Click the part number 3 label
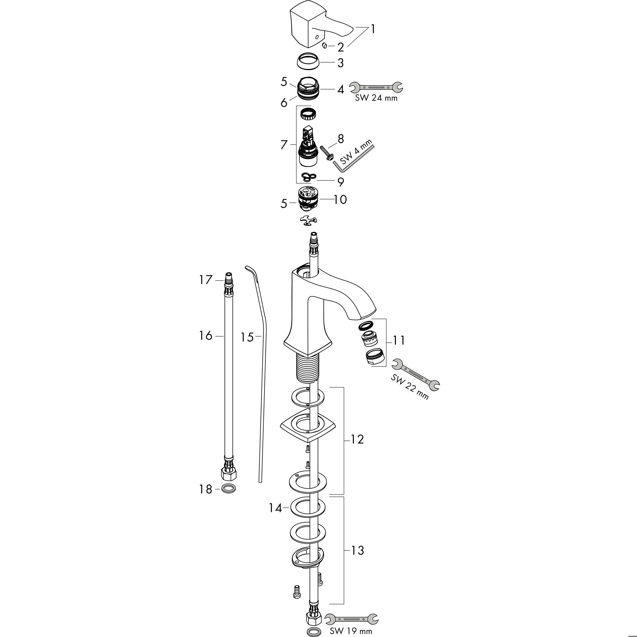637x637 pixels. (340, 63)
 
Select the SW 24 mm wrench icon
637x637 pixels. (376, 87)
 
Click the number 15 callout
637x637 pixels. (247, 337)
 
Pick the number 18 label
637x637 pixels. (205, 489)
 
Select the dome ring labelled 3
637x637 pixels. (309, 61)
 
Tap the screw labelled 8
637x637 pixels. (327, 153)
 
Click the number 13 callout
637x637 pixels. (357, 550)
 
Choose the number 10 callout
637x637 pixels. (340, 199)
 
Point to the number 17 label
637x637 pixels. (206, 280)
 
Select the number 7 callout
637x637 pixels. (284, 145)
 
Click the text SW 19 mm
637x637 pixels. (351, 631)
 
